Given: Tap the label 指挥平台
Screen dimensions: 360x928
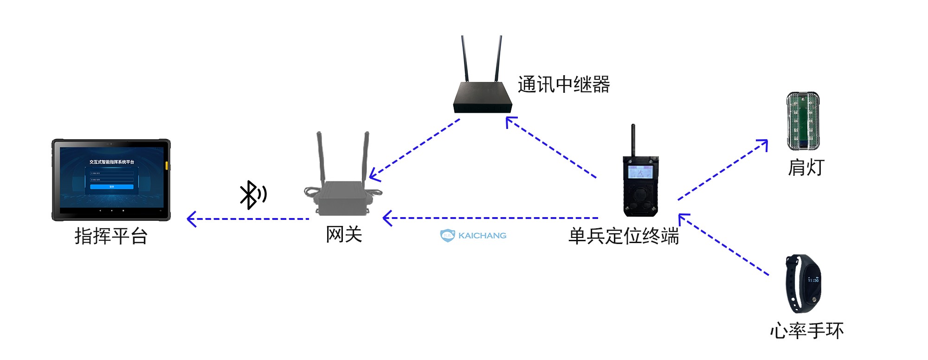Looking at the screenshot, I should click(111, 236).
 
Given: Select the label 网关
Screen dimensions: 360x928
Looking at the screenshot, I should click(344, 234).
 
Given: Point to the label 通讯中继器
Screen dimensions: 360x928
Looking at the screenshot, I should click(563, 85).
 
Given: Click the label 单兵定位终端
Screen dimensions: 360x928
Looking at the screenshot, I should click(624, 236).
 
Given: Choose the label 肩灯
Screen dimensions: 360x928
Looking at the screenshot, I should click(806, 167).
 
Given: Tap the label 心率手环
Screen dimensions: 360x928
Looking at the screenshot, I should click(806, 331).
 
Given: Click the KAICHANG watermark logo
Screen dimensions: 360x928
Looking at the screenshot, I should click(473, 235).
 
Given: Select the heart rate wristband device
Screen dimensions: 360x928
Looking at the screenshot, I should click(803, 283).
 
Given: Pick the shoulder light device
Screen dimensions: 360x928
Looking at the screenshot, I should click(803, 121).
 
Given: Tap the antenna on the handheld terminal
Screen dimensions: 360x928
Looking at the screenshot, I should click(633, 139).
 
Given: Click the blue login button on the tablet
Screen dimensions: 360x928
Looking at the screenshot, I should click(111, 187).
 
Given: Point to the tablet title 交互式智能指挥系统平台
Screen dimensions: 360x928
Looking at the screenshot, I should click(111, 162).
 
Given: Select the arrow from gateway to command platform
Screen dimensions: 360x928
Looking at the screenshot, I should click(248, 219).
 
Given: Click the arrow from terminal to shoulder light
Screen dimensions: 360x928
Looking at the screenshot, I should click(722, 170).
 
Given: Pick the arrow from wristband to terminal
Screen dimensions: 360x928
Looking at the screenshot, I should click(724, 244).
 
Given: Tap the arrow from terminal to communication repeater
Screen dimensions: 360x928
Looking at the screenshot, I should click(551, 148).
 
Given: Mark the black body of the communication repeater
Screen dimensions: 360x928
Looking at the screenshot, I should click(483, 97).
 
